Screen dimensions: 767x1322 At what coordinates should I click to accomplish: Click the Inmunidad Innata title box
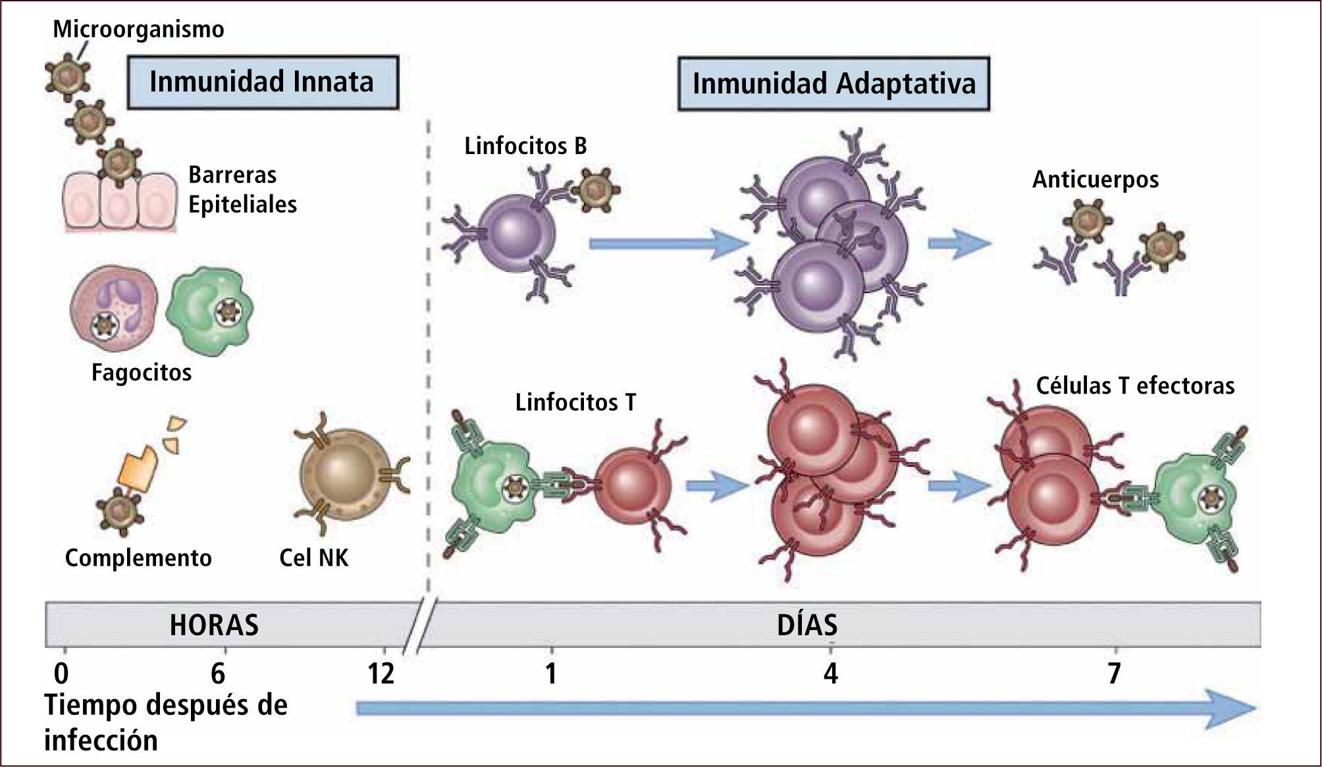tap(262, 82)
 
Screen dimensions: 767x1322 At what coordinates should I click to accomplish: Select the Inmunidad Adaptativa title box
tap(833, 84)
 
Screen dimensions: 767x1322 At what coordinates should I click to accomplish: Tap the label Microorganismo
tap(138, 29)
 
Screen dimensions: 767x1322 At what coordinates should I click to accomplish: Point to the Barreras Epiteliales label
tap(242, 190)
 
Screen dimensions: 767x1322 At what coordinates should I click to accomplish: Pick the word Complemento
tap(138, 558)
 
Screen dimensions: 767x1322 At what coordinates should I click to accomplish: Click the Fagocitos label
tap(142, 373)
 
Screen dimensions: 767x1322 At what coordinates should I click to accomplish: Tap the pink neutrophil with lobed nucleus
tap(114, 308)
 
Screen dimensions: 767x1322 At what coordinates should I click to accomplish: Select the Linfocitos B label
tap(525, 145)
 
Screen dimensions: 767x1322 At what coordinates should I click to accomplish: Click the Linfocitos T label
tap(575, 402)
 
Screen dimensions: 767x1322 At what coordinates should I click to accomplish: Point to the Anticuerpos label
tap(1096, 179)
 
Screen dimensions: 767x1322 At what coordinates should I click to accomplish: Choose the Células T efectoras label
tap(1135, 386)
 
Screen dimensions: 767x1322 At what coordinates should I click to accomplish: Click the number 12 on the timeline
tap(381, 674)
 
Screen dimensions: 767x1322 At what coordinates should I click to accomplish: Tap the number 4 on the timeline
tap(831, 674)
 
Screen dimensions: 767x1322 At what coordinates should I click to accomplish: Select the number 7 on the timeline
tap(1113, 674)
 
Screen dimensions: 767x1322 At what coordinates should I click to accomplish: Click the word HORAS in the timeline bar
tap(214, 625)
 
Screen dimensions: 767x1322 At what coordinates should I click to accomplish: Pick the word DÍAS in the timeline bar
tap(807, 625)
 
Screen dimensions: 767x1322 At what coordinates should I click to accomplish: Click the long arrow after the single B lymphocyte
tap(668, 244)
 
